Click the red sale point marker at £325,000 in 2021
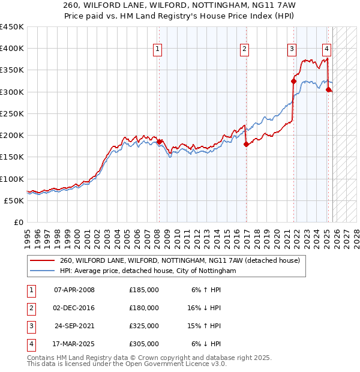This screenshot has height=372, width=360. (294, 81)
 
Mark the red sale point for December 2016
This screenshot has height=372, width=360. (246, 144)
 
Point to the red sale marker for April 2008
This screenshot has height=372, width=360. (160, 142)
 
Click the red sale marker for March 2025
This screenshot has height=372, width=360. (328, 90)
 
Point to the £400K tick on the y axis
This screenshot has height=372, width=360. (12, 49)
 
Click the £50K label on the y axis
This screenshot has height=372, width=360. (14, 200)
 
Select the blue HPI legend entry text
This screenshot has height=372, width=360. (148, 271)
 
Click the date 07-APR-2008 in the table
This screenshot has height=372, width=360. (74, 290)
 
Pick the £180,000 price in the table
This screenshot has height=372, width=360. (144, 308)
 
